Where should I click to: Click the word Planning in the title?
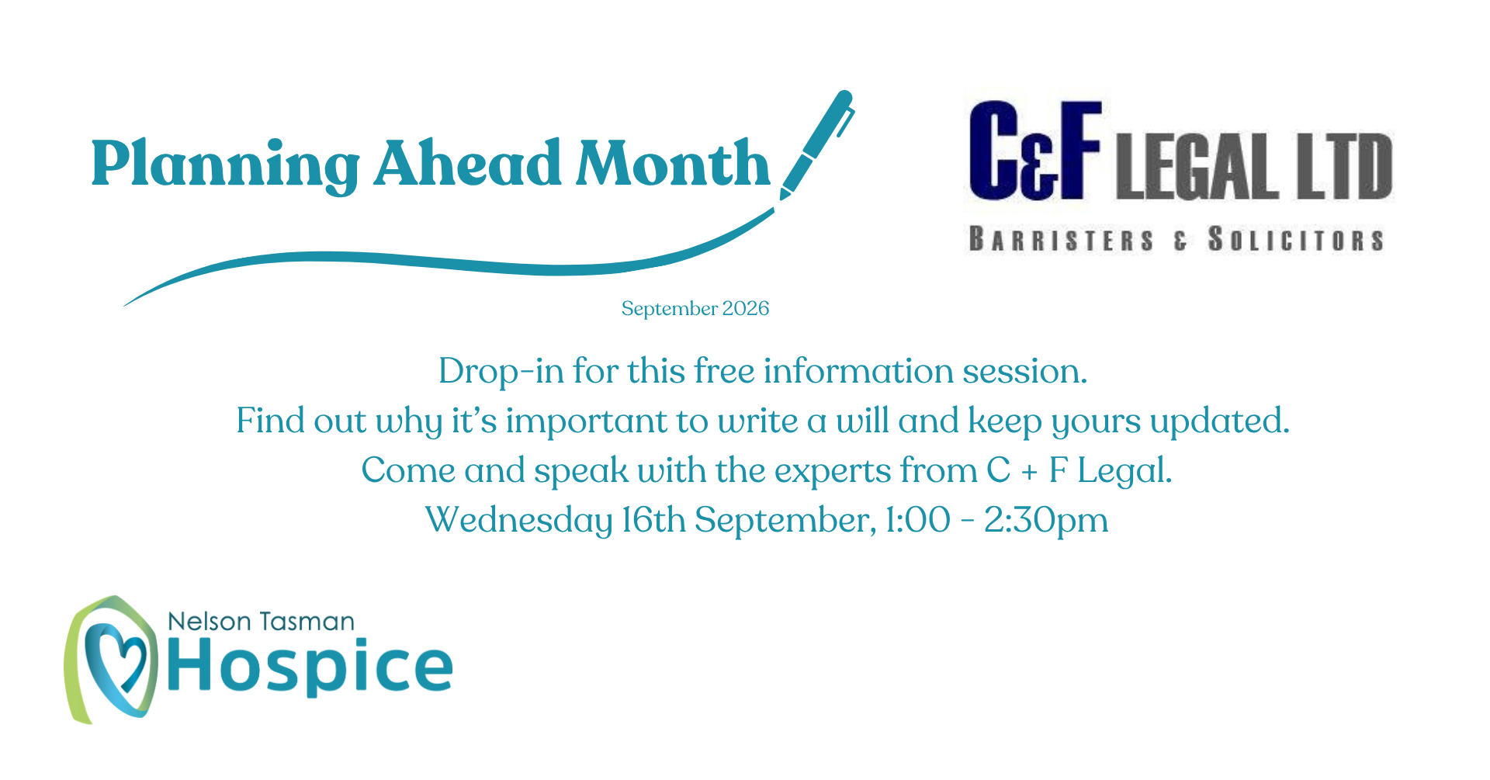[225, 165]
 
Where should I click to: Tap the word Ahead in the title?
[467, 163]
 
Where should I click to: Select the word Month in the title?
[672, 163]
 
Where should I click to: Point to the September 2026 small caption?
[695, 309]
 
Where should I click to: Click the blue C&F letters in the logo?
[1035, 151]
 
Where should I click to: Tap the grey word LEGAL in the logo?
[1197, 166]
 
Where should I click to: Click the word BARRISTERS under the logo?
[1062, 240]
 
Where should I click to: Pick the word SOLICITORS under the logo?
[1296, 240]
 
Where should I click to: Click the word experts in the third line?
[833, 472]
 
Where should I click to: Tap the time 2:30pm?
[1046, 521]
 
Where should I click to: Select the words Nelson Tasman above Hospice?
[261, 622]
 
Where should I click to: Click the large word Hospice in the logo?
[310, 666]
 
